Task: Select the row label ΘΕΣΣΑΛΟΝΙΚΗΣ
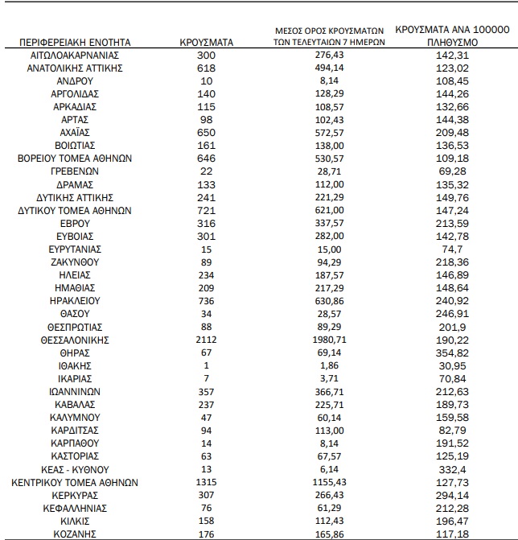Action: click(74, 340)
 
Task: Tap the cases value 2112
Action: click(207, 340)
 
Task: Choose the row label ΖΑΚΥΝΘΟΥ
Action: click(74, 262)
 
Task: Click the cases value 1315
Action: click(207, 482)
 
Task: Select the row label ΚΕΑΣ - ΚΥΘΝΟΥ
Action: click(74, 469)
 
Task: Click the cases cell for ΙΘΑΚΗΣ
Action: click(207, 365)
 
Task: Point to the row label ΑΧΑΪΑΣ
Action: click(74, 133)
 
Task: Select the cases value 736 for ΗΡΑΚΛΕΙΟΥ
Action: click(207, 301)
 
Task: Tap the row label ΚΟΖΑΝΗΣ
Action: click(74, 534)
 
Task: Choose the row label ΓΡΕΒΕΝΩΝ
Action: click(74, 171)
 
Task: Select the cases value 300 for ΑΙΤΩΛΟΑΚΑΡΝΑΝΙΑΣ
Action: click(207, 55)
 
